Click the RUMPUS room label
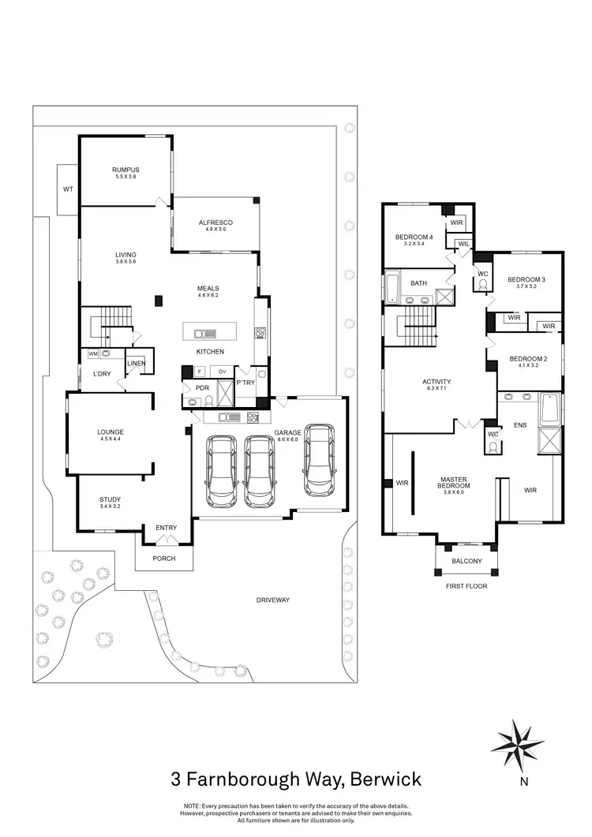click(126, 169)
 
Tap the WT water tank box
click(67, 189)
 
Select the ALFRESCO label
click(215, 222)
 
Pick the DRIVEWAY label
click(273, 600)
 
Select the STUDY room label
click(110, 499)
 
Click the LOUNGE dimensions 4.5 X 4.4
click(111, 440)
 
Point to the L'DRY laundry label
click(101, 373)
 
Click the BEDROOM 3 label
click(526, 279)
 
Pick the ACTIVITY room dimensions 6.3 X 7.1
click(436, 390)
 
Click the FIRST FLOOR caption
click(466, 586)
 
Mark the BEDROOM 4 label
click(414, 237)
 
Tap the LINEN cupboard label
click(136, 363)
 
